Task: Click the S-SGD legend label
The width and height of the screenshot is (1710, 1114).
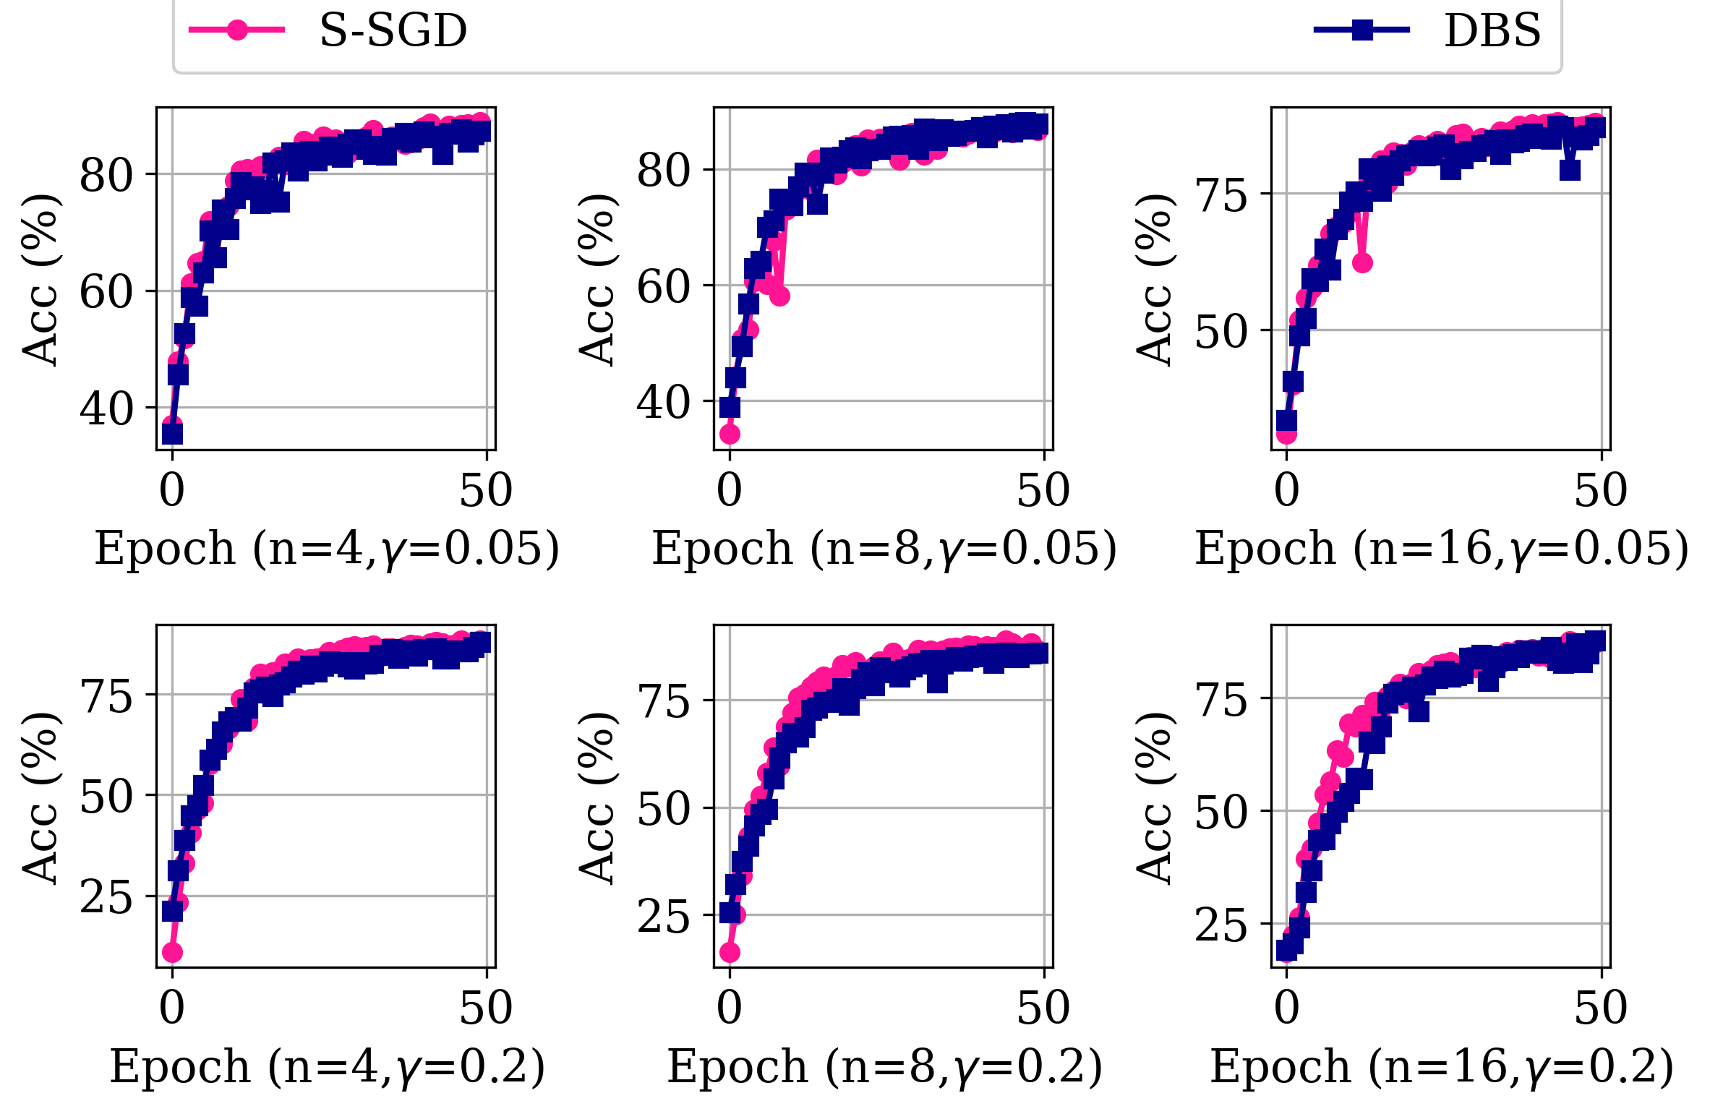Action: [393, 31]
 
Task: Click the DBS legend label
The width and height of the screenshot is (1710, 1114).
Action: [1492, 31]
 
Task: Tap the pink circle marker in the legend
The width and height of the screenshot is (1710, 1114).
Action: [237, 30]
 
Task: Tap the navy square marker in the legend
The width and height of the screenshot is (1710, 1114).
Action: [1362, 30]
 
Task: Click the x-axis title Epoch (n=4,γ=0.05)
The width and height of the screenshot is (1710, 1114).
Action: [327, 549]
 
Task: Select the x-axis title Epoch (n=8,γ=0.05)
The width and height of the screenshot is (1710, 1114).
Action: [884, 549]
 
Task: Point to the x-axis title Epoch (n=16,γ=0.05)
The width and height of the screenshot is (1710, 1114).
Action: [1441, 549]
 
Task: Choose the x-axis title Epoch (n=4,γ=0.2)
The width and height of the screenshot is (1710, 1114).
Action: [327, 1067]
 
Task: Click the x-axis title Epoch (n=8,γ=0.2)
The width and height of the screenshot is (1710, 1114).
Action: [884, 1067]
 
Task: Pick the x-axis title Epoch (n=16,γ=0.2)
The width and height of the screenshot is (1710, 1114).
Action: [1441, 1067]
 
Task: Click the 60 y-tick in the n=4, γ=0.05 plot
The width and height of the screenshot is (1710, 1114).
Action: [106, 292]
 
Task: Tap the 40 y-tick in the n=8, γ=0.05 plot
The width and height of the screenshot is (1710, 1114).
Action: [664, 402]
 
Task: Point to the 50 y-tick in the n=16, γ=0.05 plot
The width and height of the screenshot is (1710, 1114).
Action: [1221, 332]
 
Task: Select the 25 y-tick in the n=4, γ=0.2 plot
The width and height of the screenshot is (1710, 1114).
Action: [106, 897]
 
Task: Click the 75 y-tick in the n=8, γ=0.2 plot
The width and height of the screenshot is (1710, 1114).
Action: [664, 700]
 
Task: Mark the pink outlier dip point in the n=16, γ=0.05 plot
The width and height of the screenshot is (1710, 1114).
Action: [1362, 262]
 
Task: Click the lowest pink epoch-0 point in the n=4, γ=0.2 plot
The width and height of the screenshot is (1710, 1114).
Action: [172, 952]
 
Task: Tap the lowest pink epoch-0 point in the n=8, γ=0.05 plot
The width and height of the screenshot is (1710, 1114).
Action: [730, 434]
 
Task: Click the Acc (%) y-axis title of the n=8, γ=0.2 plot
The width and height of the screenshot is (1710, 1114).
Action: [597, 797]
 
